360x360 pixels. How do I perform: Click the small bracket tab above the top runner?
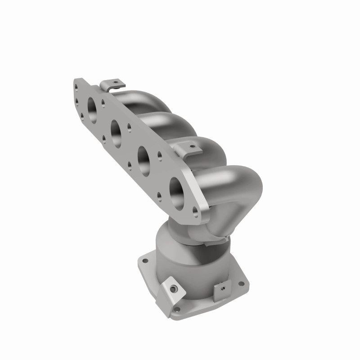[112, 85]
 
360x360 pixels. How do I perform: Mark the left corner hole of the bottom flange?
[145, 260]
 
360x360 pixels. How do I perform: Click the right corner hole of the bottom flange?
[241, 283]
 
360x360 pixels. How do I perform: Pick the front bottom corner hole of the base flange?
[176, 310]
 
